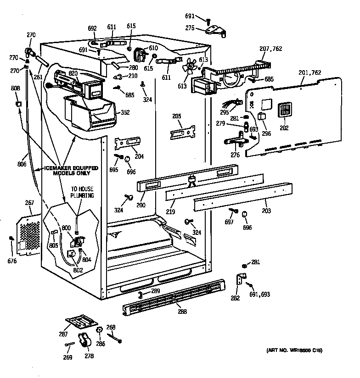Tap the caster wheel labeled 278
(x=84, y=342)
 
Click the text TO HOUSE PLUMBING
(x=82, y=192)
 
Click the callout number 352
(x=125, y=112)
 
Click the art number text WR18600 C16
(x=294, y=351)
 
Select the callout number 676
(x=12, y=261)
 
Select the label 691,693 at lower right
(x=259, y=295)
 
